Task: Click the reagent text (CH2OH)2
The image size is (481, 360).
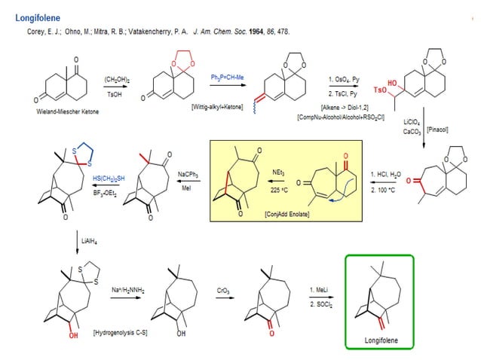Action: pos(112,78)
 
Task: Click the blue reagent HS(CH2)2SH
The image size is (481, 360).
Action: pos(110,178)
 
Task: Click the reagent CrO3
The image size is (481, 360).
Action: pos(224,289)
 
